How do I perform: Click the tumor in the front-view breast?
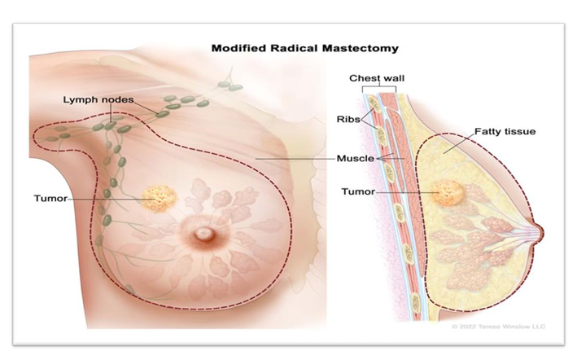coord(156,197)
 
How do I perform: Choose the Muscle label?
coord(355,158)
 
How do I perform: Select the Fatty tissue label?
coord(505,131)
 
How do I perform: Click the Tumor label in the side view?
coord(358,193)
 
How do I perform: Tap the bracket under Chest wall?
coord(375,88)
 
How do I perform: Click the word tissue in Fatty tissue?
coord(521,131)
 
